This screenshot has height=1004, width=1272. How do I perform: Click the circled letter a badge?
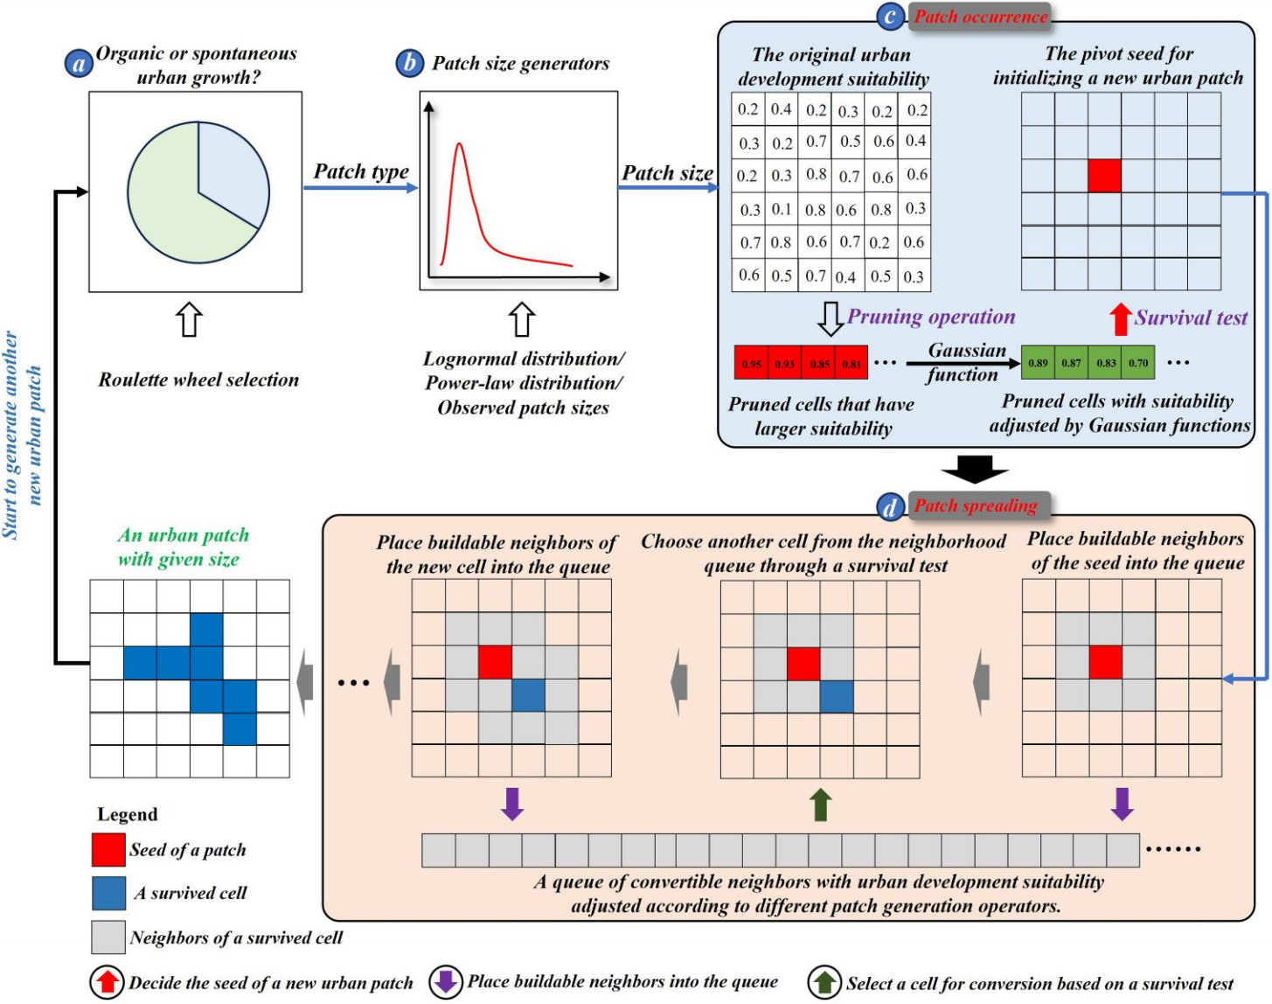coord(80,63)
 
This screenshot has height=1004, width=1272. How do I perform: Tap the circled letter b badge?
coord(409,63)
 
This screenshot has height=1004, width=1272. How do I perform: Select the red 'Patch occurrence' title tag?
coord(980,17)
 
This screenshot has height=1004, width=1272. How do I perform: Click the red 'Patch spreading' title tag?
coord(976,505)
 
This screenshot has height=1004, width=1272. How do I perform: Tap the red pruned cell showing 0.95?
coord(751,363)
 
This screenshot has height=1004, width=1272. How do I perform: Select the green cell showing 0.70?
coord(1137,363)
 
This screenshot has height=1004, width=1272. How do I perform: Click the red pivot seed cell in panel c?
coord(1104,176)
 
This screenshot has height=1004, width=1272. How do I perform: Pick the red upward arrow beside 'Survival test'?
coord(1120,318)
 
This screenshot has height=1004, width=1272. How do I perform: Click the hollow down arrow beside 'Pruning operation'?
coord(830,319)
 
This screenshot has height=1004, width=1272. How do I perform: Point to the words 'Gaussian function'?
coord(964,362)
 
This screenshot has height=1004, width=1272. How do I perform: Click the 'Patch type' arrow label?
coord(361,171)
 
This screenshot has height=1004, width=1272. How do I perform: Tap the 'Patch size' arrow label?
coord(667,173)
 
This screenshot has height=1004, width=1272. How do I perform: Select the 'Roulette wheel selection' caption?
coord(198,380)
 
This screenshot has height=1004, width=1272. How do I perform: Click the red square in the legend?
coord(108,849)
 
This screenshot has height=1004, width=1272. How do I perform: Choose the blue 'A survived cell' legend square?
coord(108,893)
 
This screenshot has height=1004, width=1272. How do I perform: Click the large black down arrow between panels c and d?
coord(975,470)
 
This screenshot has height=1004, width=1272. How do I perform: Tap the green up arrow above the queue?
coord(820,805)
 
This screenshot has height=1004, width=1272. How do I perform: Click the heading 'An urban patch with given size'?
coord(183,547)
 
